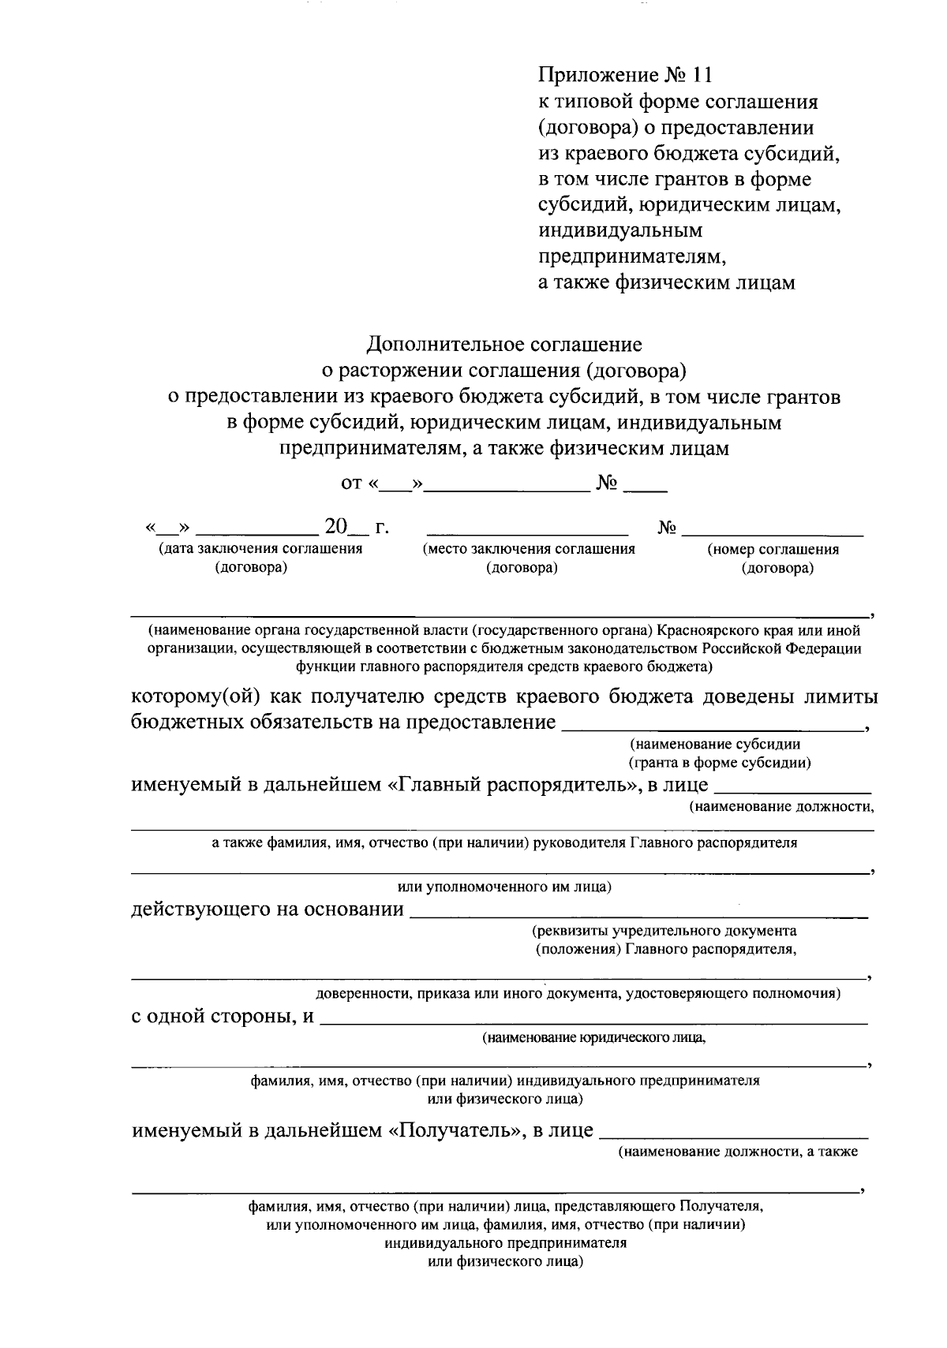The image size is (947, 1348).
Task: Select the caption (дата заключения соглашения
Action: coord(260,549)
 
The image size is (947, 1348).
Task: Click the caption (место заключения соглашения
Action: coord(529,549)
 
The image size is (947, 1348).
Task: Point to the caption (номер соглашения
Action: coord(773,550)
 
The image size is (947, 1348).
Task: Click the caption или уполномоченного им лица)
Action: coord(505,887)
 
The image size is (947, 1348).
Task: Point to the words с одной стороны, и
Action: coord(223,1017)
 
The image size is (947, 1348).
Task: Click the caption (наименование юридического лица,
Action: coord(594,1038)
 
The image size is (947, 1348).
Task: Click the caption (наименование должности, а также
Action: coord(738,1152)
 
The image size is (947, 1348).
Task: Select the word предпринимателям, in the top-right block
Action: coord(631,256)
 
